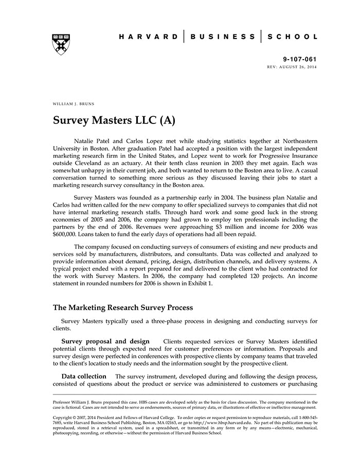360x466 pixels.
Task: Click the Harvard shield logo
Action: click(61, 44)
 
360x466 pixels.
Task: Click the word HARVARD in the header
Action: click(148, 37)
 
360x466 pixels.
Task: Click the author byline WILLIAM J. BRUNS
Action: click(74, 103)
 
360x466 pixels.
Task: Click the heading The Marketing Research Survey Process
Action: click(123, 308)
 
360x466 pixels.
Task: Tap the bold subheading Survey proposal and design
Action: click(105, 341)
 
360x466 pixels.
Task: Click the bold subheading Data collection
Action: click(84, 376)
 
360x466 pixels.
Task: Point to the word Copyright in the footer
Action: click(63, 415)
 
